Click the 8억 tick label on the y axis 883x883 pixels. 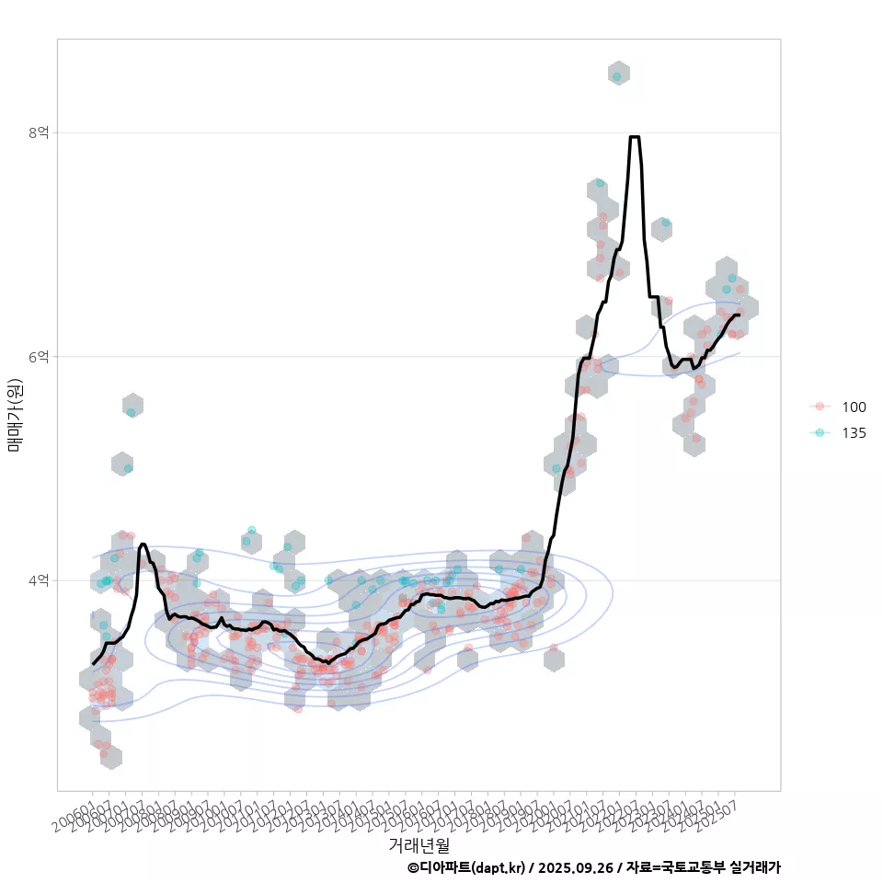click(x=38, y=132)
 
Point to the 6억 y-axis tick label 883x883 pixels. click(x=38, y=356)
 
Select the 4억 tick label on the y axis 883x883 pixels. click(x=38, y=580)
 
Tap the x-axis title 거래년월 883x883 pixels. click(x=419, y=843)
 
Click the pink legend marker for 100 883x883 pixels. click(x=820, y=407)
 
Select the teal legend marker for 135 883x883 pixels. click(x=820, y=432)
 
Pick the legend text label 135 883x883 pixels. click(x=854, y=433)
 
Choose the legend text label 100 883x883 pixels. click(x=854, y=407)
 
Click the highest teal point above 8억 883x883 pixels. click(x=616, y=76)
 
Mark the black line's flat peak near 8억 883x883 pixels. click(x=635, y=137)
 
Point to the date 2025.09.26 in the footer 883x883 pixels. click(x=576, y=867)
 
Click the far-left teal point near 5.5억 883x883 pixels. click(x=131, y=412)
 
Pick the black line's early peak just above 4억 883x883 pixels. click(x=143, y=545)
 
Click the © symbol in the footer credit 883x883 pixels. click(x=413, y=867)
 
